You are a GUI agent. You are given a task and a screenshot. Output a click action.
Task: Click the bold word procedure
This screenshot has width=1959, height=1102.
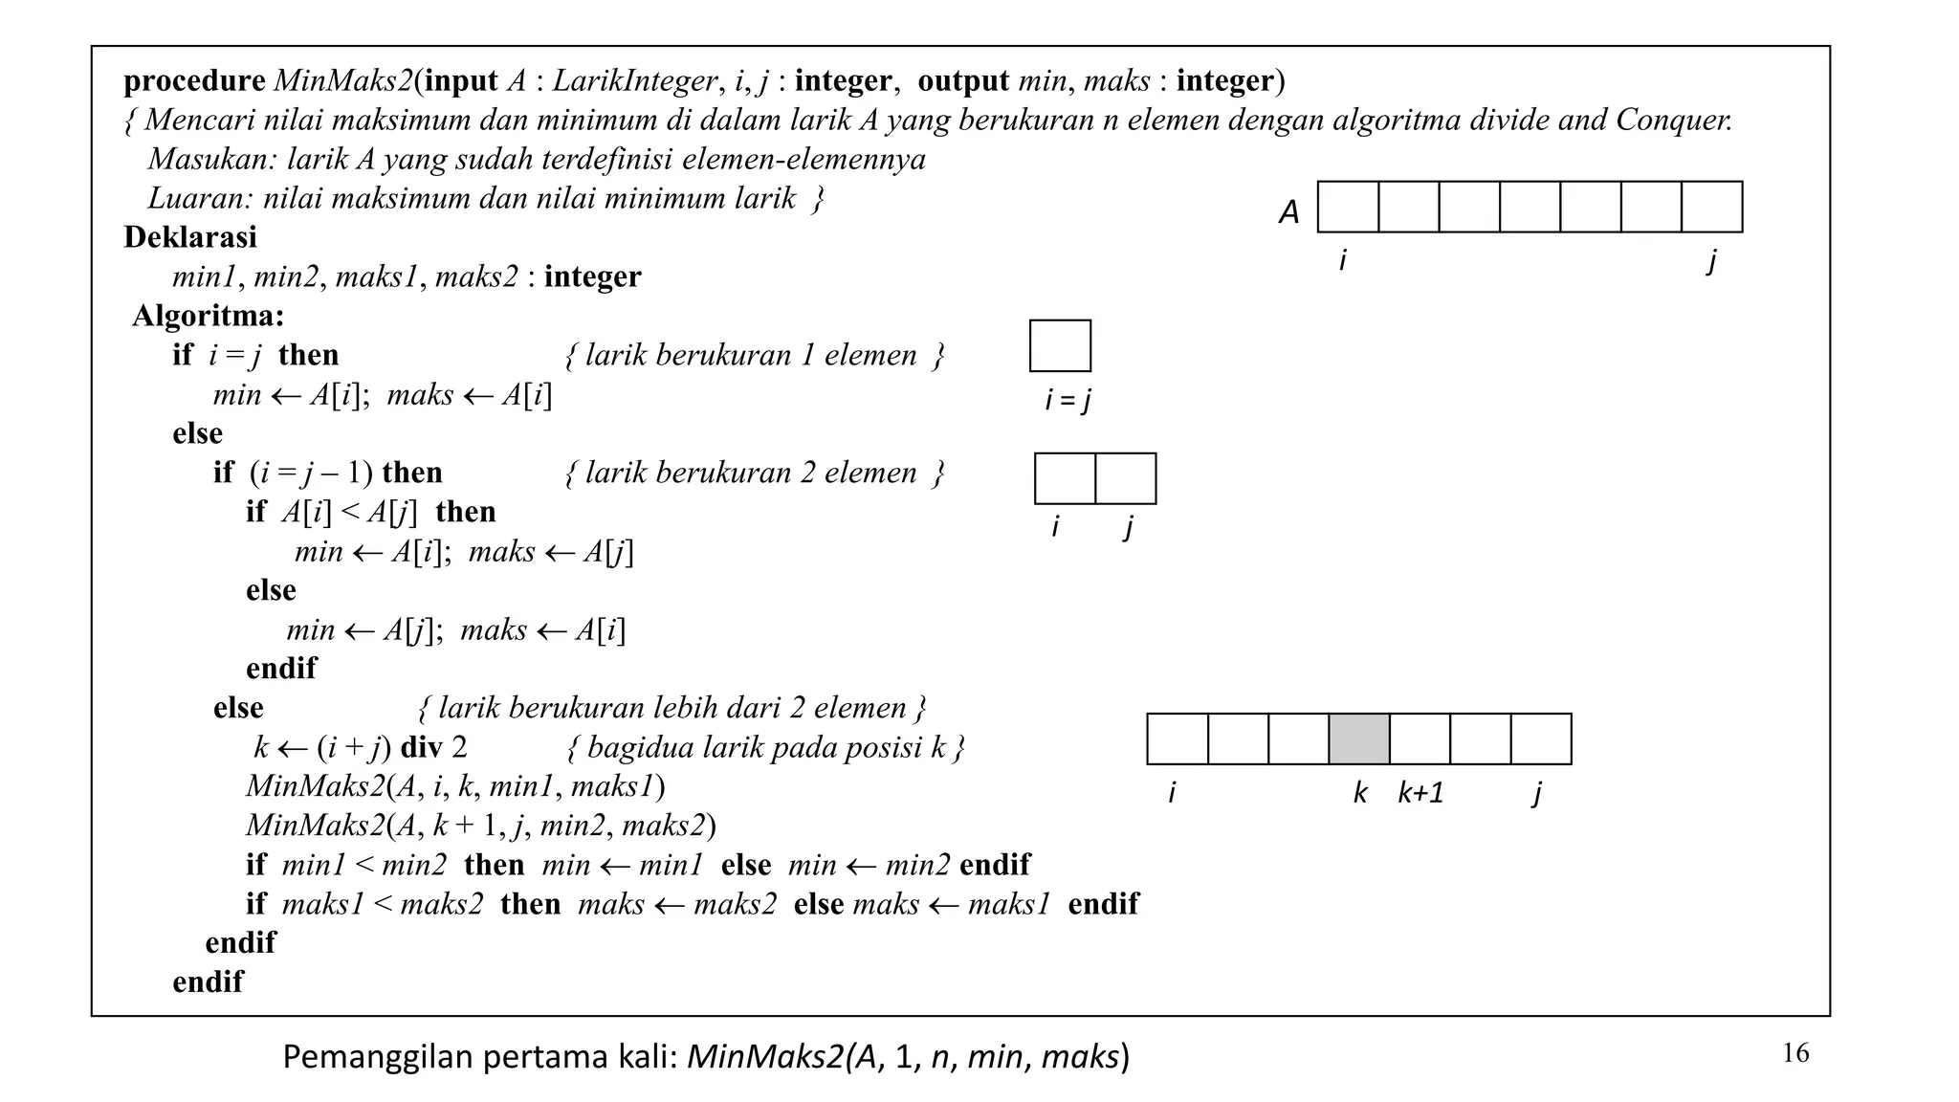tap(194, 81)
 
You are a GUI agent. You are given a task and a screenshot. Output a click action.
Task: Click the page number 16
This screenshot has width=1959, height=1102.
tap(1795, 1053)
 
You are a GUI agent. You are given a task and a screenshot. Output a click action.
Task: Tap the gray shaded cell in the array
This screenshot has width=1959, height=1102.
tap(1358, 738)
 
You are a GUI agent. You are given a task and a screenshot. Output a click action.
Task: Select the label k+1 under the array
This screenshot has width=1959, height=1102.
tap(1420, 793)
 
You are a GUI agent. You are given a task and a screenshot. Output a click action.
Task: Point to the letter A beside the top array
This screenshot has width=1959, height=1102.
tap(1289, 212)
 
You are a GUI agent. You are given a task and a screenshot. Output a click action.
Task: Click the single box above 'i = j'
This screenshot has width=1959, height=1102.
tap(1060, 345)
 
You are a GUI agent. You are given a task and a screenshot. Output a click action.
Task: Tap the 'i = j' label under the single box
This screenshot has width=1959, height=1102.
tap(1068, 400)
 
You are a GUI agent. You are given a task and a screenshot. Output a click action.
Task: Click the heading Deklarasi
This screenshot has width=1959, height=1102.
tap(190, 237)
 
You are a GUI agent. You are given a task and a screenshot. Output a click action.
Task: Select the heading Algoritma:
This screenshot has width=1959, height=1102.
tap(209, 316)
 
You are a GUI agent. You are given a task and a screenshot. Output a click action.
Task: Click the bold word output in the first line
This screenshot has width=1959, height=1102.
tap(962, 81)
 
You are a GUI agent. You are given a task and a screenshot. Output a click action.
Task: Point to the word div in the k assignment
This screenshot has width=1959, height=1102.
tap(421, 747)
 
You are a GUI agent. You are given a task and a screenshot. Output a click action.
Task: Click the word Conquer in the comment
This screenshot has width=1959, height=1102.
tap(1673, 121)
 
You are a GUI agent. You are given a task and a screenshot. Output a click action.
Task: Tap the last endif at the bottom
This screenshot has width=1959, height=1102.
tap(208, 981)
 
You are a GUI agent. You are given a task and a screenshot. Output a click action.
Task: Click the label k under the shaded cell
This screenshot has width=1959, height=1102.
tap(1359, 793)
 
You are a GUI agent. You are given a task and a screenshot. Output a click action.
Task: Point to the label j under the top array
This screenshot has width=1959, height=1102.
tap(1711, 260)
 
